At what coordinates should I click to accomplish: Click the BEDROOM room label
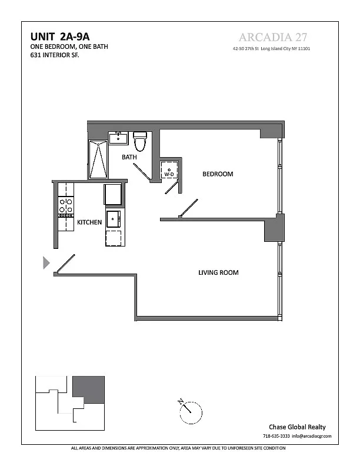(x=218, y=174)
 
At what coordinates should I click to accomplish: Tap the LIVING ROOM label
(x=218, y=272)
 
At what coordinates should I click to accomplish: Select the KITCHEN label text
(x=89, y=222)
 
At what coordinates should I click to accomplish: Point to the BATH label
(x=129, y=157)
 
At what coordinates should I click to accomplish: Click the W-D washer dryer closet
(x=169, y=170)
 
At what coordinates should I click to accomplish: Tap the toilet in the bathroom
(x=140, y=141)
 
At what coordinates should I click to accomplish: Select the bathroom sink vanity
(x=118, y=138)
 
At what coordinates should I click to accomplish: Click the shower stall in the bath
(x=98, y=159)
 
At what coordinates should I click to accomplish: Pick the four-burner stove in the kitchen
(x=66, y=206)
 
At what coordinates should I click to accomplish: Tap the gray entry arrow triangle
(x=46, y=262)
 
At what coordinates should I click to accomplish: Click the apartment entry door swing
(x=65, y=264)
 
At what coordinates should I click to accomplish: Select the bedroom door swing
(x=188, y=208)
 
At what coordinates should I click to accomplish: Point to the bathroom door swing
(x=142, y=172)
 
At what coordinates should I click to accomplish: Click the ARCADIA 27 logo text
(x=273, y=37)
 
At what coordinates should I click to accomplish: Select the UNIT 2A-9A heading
(x=60, y=36)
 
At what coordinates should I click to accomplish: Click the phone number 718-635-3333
(x=276, y=436)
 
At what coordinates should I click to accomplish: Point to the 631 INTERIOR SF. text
(x=55, y=55)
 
